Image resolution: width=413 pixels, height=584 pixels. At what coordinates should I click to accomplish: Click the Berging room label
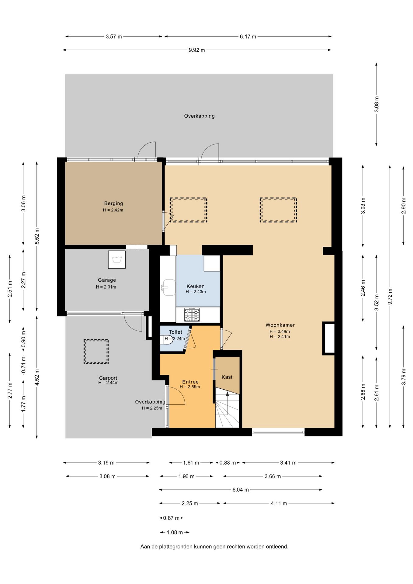113,203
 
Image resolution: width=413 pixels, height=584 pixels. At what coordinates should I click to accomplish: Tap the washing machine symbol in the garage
117,259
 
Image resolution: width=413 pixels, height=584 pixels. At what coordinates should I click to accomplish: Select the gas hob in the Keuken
192,315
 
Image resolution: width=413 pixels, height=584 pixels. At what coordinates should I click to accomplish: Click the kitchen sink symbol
168,287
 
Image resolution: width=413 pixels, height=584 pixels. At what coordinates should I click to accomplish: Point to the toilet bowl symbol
167,339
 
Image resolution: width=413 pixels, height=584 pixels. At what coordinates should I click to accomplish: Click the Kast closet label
227,377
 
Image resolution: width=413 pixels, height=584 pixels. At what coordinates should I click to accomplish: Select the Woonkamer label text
280,325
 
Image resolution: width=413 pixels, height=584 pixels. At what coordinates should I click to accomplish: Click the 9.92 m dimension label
197,50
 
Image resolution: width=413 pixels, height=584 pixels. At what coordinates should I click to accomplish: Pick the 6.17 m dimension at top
248,37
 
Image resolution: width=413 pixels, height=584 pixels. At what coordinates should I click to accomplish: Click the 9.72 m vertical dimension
390,297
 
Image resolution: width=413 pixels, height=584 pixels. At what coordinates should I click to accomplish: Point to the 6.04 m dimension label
241,490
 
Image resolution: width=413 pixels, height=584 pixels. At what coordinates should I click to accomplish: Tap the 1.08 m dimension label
175,532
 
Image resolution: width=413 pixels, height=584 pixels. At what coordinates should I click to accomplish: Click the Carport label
108,378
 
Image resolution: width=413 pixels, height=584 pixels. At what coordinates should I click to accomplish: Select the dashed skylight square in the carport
96,352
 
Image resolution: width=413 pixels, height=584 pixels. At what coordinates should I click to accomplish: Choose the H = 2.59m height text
190,387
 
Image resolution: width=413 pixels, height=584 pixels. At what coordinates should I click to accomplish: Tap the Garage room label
107,280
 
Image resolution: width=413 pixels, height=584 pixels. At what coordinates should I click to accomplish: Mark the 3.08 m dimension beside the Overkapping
377,104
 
